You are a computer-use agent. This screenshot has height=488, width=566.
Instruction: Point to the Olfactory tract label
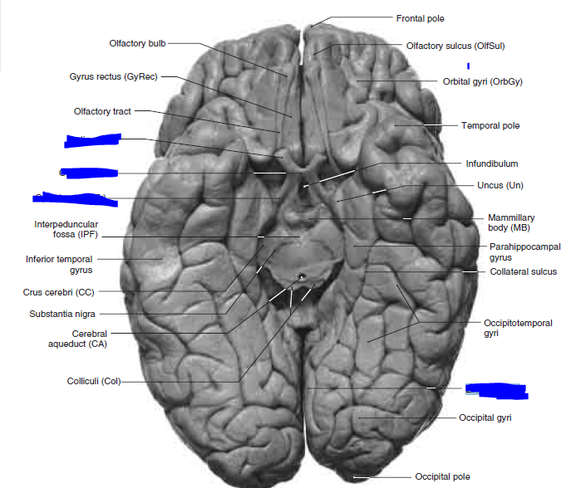pyautogui.click(x=101, y=111)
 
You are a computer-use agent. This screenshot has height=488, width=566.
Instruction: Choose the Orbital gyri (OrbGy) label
pyautogui.click(x=482, y=81)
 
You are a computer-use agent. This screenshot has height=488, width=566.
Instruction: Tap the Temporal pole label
pyautogui.click(x=490, y=126)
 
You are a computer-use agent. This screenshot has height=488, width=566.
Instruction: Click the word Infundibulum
pyautogui.click(x=491, y=164)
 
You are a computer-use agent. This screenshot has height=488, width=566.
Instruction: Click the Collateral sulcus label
pyautogui.click(x=523, y=271)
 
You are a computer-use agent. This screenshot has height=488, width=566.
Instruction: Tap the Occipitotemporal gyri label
pyautogui.click(x=517, y=328)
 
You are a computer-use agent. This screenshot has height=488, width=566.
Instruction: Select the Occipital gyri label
pyautogui.click(x=485, y=417)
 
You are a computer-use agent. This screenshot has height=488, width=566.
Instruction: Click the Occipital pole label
pyautogui.click(x=442, y=476)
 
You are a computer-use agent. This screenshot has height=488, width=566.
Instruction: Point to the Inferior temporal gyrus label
pyautogui.click(x=58, y=264)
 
